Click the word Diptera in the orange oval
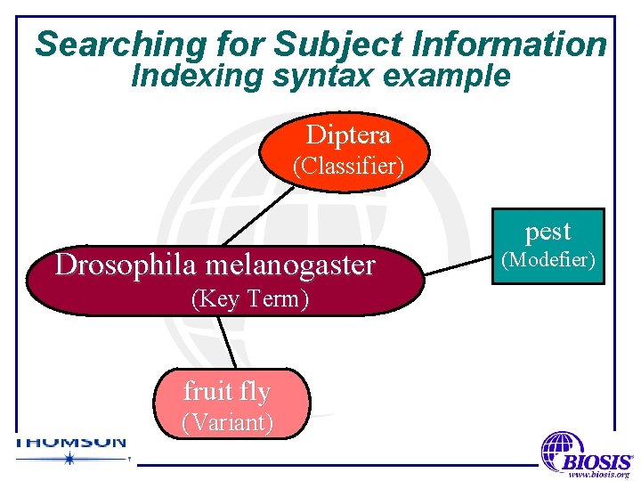[347, 135]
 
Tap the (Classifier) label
[348, 166]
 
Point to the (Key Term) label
[250, 299]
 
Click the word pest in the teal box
[548, 232]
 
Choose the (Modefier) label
[548, 259]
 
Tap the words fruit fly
[227, 391]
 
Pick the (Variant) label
[227, 422]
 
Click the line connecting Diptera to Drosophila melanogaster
[258, 214]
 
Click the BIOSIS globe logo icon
[563, 451]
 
